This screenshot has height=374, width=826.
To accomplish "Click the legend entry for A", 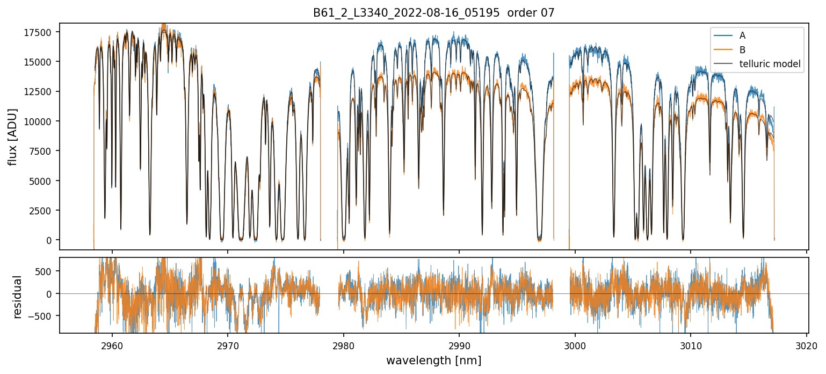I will (x=742, y=35).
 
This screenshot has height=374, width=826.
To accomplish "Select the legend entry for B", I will (x=742, y=50).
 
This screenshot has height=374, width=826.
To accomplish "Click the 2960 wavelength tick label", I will (x=112, y=345).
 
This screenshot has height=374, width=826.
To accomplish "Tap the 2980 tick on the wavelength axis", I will (x=344, y=345).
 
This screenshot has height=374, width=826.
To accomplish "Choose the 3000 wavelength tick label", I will (x=575, y=345).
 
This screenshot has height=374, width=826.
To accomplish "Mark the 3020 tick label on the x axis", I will (x=807, y=345).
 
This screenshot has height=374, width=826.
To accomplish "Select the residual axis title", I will (x=18, y=297).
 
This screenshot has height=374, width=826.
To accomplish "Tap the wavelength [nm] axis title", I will (x=433, y=360).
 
